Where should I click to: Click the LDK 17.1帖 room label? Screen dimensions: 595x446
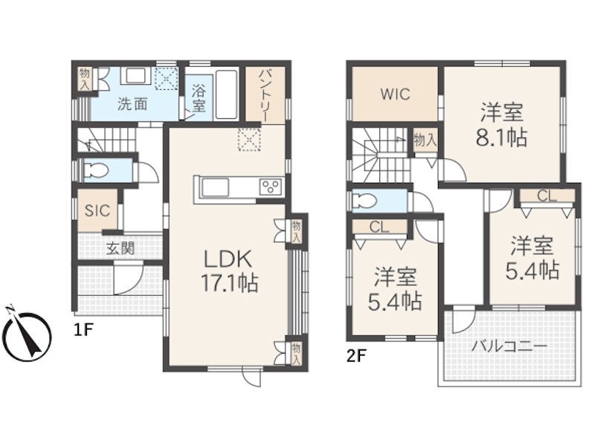click(230, 271)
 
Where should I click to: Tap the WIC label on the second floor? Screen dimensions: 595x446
click(395, 94)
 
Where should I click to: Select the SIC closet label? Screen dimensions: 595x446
click(97, 211)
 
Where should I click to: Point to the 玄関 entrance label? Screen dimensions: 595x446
click(120, 248)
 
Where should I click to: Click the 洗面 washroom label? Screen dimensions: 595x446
click(132, 104)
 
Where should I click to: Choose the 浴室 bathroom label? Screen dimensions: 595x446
click(199, 99)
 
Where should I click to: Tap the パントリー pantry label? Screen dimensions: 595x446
click(265, 96)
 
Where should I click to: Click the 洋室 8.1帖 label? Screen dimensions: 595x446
click(501, 124)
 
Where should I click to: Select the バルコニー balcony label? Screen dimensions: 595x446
click(509, 346)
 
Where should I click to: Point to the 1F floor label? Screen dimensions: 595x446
click(83, 330)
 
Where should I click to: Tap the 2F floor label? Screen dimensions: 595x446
click(356, 356)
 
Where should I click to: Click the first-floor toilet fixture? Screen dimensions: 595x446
click(94, 169)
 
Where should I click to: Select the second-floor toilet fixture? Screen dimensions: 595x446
click(364, 200)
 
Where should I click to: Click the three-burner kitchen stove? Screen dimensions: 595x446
click(270, 187)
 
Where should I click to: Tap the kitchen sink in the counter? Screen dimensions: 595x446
click(215, 187)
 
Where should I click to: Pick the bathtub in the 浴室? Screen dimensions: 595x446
click(227, 94)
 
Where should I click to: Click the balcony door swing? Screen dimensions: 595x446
click(461, 320)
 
